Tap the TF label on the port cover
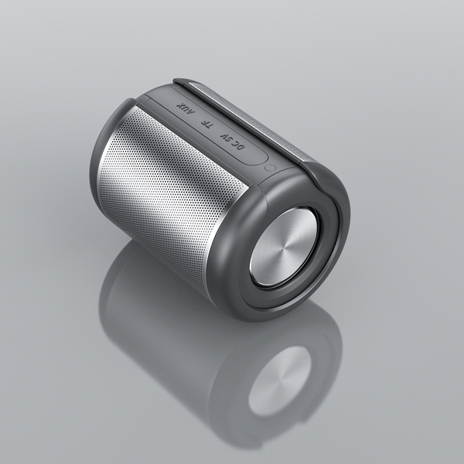pos(207,124)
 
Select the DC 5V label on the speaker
pos(234,142)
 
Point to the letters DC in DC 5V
pos(239,145)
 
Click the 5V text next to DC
pos(227,137)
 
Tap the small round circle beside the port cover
pos(270,168)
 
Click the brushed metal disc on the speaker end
pos(284,246)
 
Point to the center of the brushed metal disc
pos(284,246)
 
